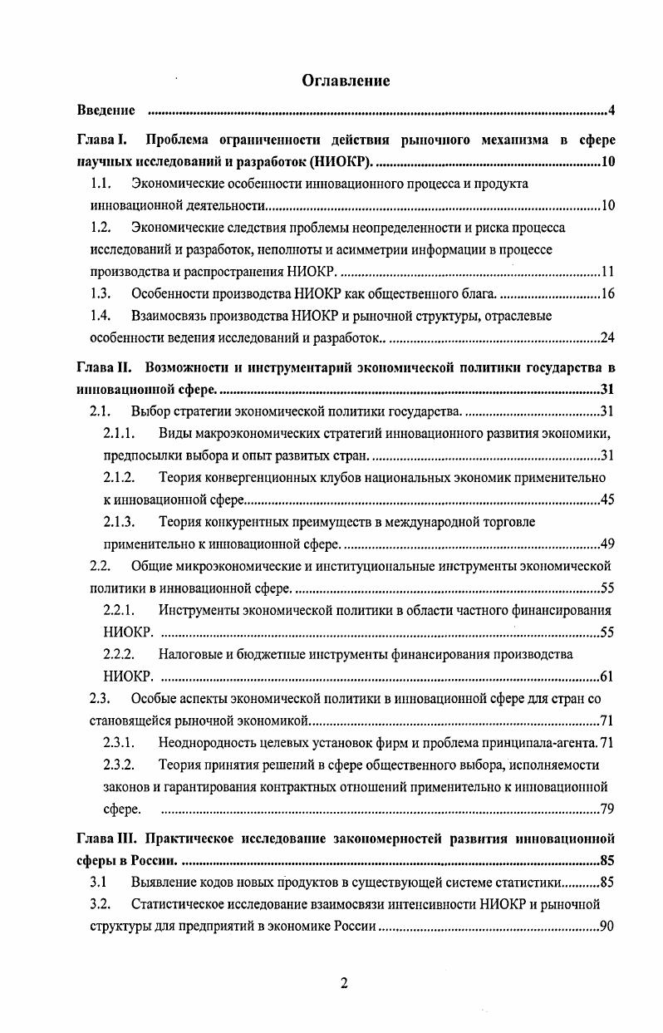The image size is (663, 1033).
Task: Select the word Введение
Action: (x=106, y=111)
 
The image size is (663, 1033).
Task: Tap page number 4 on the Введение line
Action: (x=611, y=111)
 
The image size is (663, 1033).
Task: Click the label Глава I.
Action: (x=101, y=140)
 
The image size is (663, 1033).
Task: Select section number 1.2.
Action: (x=101, y=227)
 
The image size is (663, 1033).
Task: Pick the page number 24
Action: (x=607, y=337)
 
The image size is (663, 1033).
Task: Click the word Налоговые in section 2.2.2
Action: (x=194, y=654)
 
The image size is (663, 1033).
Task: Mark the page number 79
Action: (x=607, y=809)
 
